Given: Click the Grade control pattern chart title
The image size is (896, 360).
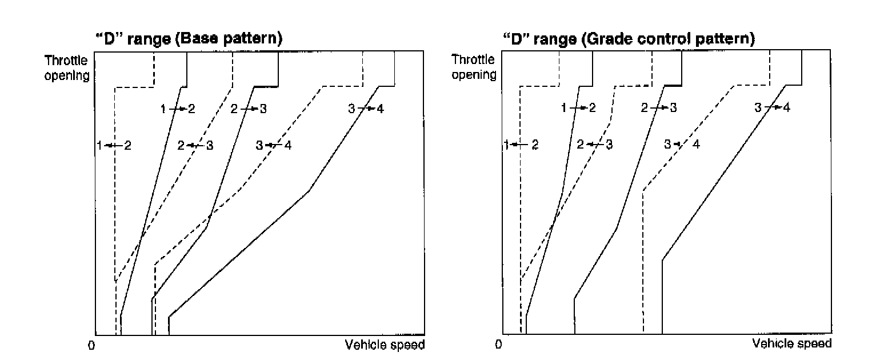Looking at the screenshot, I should click(629, 39).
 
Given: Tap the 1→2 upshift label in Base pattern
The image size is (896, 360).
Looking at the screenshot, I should click(178, 109).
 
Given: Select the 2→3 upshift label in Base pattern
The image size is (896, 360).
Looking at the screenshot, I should click(249, 109).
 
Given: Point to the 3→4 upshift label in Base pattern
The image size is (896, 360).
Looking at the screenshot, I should click(366, 109).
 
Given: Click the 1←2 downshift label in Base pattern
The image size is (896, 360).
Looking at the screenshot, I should click(114, 146).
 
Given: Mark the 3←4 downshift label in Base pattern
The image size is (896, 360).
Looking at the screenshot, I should click(274, 145).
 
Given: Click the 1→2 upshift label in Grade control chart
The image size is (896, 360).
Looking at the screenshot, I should click(578, 108).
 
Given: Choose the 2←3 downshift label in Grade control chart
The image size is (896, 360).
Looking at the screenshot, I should click(595, 145).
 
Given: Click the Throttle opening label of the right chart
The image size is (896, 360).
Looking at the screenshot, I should click(474, 67).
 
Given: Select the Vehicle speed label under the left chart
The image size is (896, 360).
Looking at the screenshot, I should click(385, 345).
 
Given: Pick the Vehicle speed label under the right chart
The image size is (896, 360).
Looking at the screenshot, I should click(792, 344).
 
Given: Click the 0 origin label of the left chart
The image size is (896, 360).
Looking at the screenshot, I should click(91, 346).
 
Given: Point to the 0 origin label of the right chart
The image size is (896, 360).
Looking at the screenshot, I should click(499, 345).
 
